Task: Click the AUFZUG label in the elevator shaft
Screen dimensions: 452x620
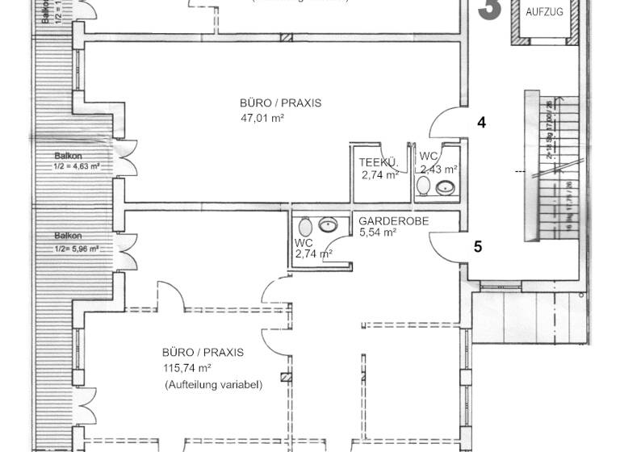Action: pyautogui.click(x=544, y=12)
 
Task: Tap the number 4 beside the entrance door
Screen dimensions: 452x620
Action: pyautogui.click(x=481, y=123)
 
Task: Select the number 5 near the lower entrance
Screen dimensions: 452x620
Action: pyautogui.click(x=478, y=246)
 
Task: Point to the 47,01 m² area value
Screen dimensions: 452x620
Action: pyautogui.click(x=262, y=118)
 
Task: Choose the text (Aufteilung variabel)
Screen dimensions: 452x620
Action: pyautogui.click(x=213, y=386)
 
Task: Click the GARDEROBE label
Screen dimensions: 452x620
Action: pyautogui.click(x=393, y=220)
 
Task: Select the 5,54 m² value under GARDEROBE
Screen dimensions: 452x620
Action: pyautogui.click(x=377, y=232)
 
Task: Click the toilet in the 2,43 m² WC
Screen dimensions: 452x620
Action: pyautogui.click(x=423, y=186)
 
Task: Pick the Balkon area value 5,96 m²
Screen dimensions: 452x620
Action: pyautogui.click(x=77, y=249)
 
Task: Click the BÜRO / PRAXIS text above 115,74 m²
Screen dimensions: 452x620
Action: pyautogui.click(x=203, y=353)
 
